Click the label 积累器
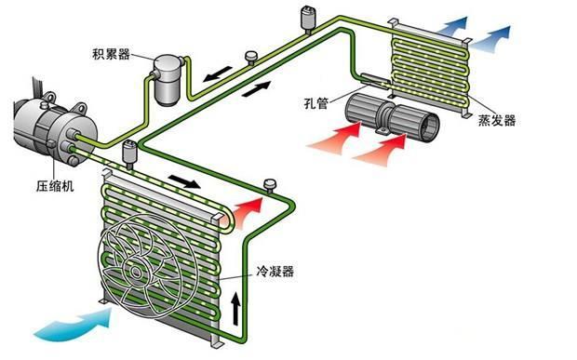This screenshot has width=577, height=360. (111, 54)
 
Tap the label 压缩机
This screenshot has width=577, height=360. (55, 186)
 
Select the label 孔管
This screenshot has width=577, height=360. (315, 103)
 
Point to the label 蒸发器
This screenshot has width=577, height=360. (497, 120)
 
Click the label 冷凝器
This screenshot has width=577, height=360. (275, 272)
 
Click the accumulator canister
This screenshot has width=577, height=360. (168, 80)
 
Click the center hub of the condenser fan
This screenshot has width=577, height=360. (136, 273)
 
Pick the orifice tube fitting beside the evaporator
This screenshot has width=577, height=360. (375, 81)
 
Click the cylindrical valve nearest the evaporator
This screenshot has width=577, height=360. (308, 20)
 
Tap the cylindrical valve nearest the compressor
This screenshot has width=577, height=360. (129, 153)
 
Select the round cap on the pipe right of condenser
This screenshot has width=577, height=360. (271, 185)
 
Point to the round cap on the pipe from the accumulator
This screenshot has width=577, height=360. (251, 57)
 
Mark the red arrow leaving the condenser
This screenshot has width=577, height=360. (248, 210)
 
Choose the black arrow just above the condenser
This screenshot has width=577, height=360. (184, 180)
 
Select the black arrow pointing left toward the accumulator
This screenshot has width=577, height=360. (218, 73)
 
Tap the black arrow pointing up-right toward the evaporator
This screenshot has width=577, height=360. (257, 88)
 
